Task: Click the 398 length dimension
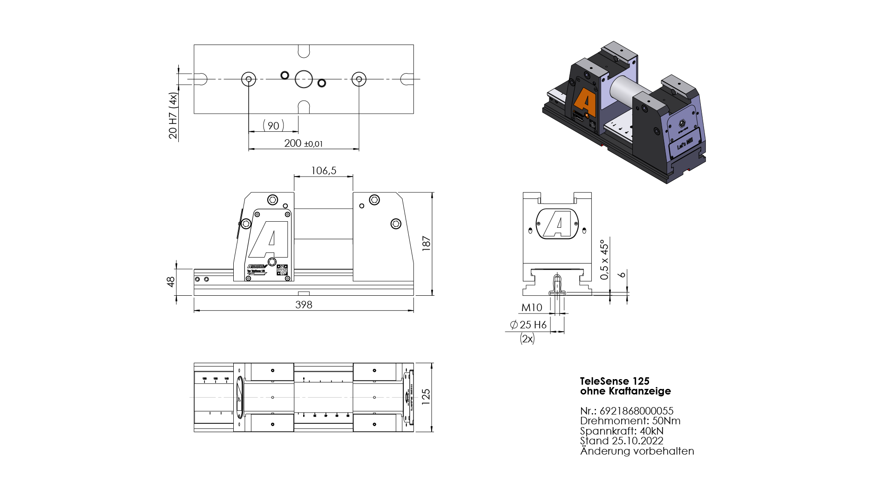point(304,305)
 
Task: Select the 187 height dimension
point(426,243)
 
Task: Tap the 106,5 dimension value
point(324,171)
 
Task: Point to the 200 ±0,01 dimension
point(303,143)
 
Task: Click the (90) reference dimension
point(273,126)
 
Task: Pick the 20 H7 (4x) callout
point(173,116)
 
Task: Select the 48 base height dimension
point(171,282)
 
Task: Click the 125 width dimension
point(426,397)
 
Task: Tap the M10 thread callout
point(532,308)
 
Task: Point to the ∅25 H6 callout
point(528,325)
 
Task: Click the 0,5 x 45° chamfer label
point(604,259)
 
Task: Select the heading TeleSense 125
point(615,381)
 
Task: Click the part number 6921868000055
point(636,411)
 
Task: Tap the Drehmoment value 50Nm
point(666,421)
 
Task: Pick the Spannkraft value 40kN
point(651,431)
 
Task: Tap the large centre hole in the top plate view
point(304,79)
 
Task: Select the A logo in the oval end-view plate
point(557,224)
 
